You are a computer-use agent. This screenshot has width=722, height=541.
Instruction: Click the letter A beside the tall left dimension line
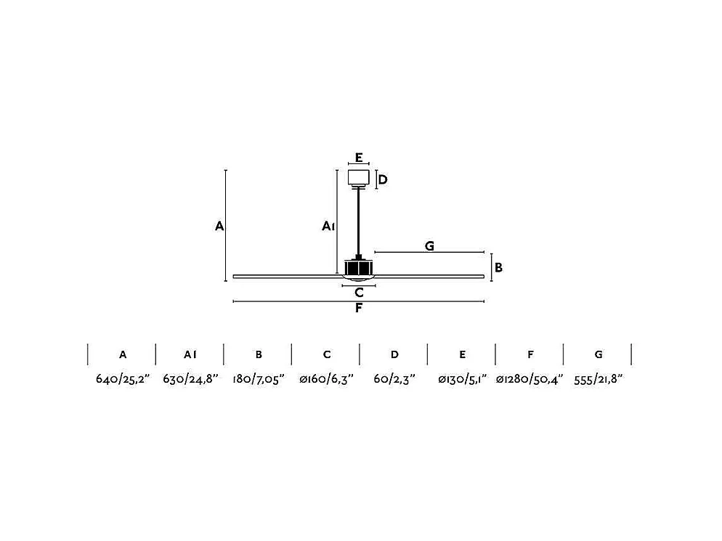point(219,227)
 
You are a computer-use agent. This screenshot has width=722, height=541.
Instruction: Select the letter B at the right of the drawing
point(498,267)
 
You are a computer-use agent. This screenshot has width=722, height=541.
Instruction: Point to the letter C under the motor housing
point(359,293)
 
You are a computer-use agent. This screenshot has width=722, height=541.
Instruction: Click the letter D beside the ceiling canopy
point(383,179)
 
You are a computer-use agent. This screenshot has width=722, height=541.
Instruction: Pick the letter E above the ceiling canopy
point(359,157)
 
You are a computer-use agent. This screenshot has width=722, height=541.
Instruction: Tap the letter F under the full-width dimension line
point(359,309)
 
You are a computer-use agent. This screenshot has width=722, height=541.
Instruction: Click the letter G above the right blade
point(429,246)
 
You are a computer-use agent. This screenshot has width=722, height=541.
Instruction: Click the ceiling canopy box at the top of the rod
point(358,177)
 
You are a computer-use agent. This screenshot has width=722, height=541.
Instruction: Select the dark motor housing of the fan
point(359,267)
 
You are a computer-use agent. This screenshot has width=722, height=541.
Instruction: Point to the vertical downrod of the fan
point(358,221)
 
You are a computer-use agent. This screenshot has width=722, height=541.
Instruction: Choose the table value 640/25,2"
point(122,380)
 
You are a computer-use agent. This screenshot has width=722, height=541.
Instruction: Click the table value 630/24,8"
point(190,380)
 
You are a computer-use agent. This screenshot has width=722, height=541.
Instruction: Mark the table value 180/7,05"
point(259,380)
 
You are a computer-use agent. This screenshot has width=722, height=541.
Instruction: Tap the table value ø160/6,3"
point(326,380)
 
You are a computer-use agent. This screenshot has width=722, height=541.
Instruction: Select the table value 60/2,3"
point(394,380)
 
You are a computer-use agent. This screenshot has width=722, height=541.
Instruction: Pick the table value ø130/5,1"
point(462,380)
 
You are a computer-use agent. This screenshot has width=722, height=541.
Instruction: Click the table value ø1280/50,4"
point(530,380)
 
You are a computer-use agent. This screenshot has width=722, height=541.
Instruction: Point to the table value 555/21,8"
point(598,380)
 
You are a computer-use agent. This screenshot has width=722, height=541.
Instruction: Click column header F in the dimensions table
point(530,354)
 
